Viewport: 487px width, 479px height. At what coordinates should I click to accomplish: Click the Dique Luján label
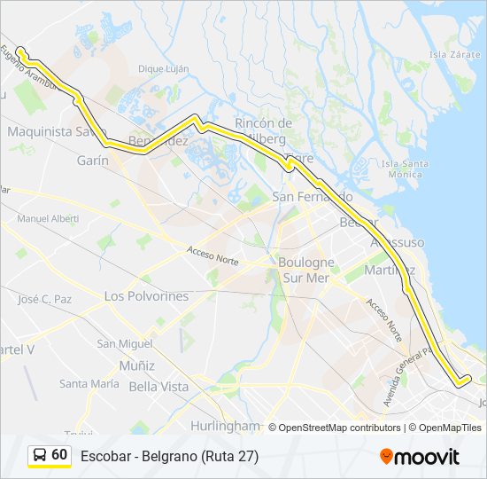(164, 68)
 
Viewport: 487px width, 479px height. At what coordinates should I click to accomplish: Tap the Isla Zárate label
(454, 53)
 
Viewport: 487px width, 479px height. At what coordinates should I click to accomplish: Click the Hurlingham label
(224, 426)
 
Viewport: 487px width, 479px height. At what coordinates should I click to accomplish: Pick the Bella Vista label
(158, 387)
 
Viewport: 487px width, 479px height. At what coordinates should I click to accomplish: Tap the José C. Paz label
(45, 299)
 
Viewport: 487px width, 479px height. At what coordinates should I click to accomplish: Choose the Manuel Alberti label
(48, 218)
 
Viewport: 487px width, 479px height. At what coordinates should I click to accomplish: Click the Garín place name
(93, 161)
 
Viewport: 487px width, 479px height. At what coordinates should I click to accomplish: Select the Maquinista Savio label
(51, 132)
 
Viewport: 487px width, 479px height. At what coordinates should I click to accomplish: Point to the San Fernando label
(312, 196)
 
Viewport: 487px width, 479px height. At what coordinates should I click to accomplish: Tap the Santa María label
(89, 384)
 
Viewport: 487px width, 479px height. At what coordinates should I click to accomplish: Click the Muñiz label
(136, 365)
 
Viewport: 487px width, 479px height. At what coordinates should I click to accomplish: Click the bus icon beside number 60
(39, 455)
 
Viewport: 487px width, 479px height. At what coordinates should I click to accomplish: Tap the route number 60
(59, 455)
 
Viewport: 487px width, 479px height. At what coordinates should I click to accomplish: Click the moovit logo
(420, 457)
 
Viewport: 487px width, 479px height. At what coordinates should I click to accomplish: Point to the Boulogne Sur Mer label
(306, 270)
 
